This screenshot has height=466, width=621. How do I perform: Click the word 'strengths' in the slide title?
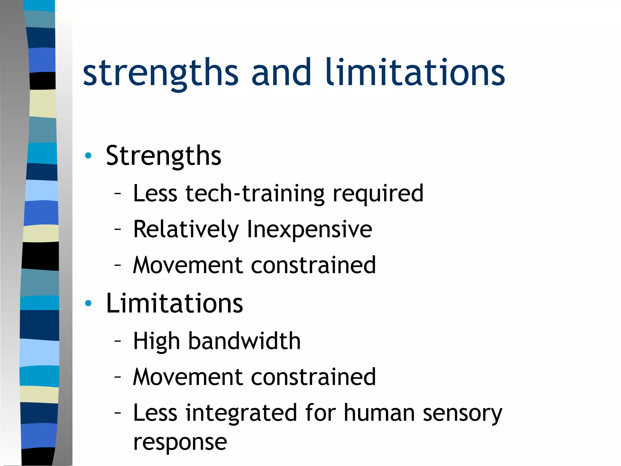point(161,73)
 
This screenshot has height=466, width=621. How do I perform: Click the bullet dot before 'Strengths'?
point(88,156)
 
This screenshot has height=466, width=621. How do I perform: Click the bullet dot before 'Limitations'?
point(88,303)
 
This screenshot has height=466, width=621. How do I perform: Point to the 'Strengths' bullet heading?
point(163,156)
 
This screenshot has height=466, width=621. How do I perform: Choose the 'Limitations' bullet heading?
point(174,303)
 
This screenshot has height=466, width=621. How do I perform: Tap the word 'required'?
point(378,194)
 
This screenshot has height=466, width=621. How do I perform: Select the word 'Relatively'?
point(186,229)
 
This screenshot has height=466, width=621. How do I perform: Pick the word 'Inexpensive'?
point(310,229)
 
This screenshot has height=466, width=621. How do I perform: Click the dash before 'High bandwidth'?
point(118,341)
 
